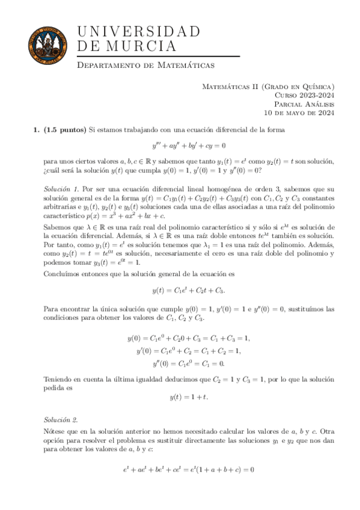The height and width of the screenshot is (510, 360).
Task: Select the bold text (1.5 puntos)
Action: [x=66, y=129]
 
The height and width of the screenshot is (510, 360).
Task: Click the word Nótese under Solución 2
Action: [x=56, y=431]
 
